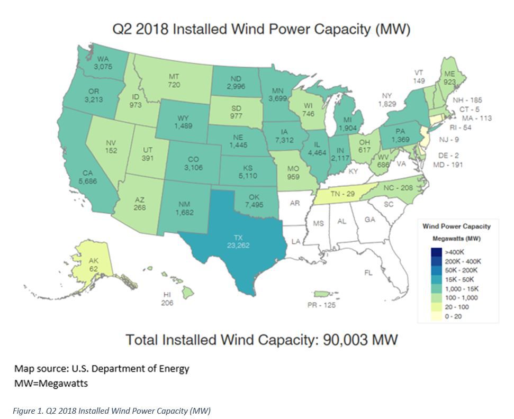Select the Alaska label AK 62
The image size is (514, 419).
[x=93, y=265]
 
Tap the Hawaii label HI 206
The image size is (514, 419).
[x=168, y=299]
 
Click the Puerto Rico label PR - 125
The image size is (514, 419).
[x=321, y=305]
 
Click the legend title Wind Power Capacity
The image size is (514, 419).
[x=456, y=226]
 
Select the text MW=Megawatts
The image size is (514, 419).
[x=51, y=383]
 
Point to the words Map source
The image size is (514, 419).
[x=37, y=368]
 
